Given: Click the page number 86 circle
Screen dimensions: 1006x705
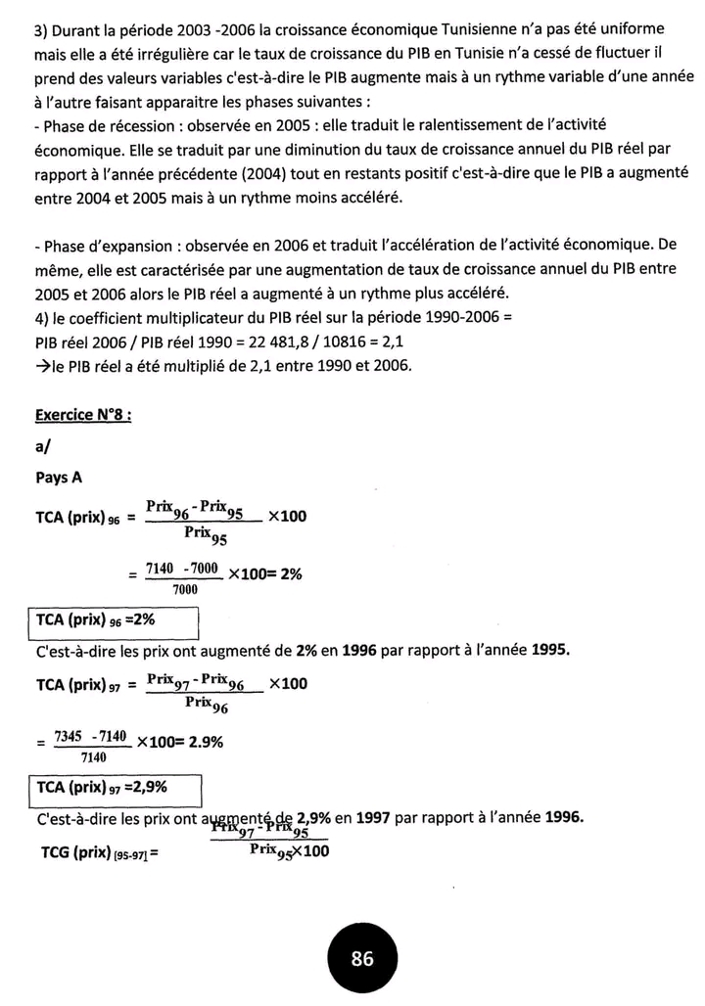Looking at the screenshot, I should [x=362, y=959].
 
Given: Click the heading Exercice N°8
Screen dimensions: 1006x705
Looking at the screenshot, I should [x=83, y=414].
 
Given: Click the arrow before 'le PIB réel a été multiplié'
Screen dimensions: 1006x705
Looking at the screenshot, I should [x=43, y=367].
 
